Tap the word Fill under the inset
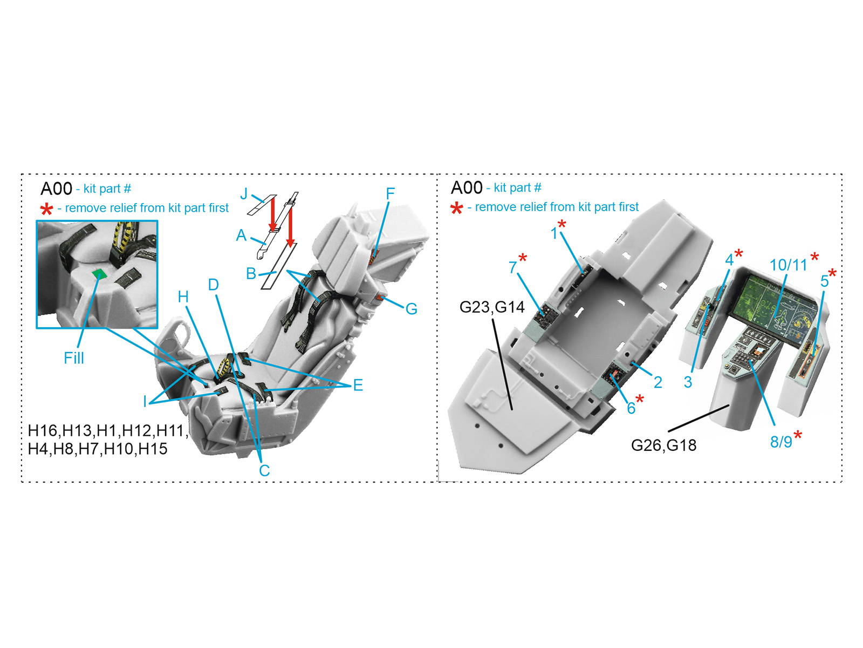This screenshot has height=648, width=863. point(74,358)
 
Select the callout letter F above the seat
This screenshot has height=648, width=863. point(390,193)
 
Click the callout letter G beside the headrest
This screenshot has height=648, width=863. point(411,309)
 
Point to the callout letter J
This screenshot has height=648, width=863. point(244,194)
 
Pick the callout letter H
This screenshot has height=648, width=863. point(183,297)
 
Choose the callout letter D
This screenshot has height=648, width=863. point(214,285)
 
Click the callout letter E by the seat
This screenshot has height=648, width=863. point(358,385)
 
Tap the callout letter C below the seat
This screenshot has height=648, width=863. point(264,470)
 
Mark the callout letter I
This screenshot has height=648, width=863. point(145,401)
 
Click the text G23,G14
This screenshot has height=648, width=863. point(492,307)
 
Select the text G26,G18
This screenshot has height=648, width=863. point(663,446)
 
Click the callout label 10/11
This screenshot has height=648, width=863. point(789,265)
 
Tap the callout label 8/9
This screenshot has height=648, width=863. point(781,442)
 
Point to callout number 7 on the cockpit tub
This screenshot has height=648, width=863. point(513,267)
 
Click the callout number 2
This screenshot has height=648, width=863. point(657,382)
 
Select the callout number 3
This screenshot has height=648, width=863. point(688,382)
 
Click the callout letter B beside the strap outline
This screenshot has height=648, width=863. point(251,273)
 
